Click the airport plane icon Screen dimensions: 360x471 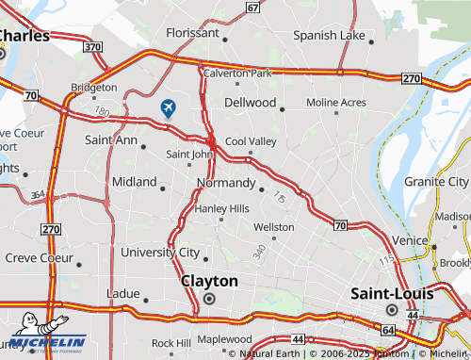pyautogui.click(x=169, y=107)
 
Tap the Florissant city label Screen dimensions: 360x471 pyautogui.click(x=191, y=32)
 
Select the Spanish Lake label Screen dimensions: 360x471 pyautogui.click(x=328, y=36)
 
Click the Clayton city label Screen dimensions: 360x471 pyautogui.click(x=209, y=281)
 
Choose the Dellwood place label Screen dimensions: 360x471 pyautogui.click(x=250, y=102)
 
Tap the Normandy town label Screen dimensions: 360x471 pyautogui.click(x=225, y=183)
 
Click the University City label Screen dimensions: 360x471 pyautogui.click(x=160, y=253)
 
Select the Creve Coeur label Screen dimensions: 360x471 pyautogui.click(x=39, y=257)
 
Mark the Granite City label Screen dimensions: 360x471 pyautogui.click(x=436, y=181)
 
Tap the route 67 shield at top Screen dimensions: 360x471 pyautogui.click(x=252, y=7)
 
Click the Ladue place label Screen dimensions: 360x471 pyautogui.click(x=123, y=292)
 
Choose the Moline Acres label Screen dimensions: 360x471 pyautogui.click(x=336, y=102)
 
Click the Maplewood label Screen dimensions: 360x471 pyautogui.click(x=224, y=339)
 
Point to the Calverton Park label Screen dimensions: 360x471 pyautogui.click(x=237, y=73)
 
